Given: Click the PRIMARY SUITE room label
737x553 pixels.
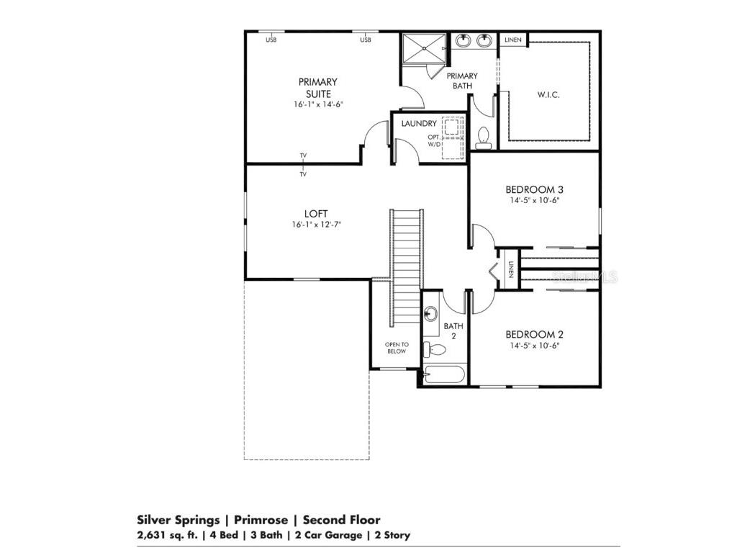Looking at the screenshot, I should tap(317, 88).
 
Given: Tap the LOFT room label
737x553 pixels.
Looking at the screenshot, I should tap(316, 214).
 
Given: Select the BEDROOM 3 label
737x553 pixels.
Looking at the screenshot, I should tap(533, 189).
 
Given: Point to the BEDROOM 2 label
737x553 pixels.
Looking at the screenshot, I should tap(533, 334).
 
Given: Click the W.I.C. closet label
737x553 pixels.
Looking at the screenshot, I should tap(548, 95).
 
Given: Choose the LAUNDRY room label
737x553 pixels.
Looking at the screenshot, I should tap(419, 124).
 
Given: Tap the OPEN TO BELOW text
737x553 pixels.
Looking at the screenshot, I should tap(396, 348).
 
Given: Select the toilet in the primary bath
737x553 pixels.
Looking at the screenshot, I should tap(483, 137).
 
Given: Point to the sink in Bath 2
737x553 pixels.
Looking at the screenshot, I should tap(431, 313).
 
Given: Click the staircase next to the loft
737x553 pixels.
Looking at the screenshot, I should tap(404, 266).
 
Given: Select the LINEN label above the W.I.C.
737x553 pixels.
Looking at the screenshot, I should tap(512, 40).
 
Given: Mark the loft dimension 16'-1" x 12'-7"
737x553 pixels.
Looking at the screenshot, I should tap(316, 225).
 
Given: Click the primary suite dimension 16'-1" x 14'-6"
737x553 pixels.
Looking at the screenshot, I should tap(317, 104).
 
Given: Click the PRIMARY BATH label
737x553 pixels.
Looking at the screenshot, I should tap(462, 81).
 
